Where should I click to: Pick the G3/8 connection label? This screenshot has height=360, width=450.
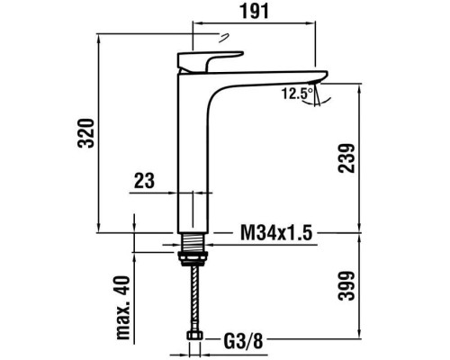[x=243, y=342]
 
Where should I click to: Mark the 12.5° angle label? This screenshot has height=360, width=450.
[x=296, y=93]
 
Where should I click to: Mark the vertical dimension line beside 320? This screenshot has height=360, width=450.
[x=97, y=135]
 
